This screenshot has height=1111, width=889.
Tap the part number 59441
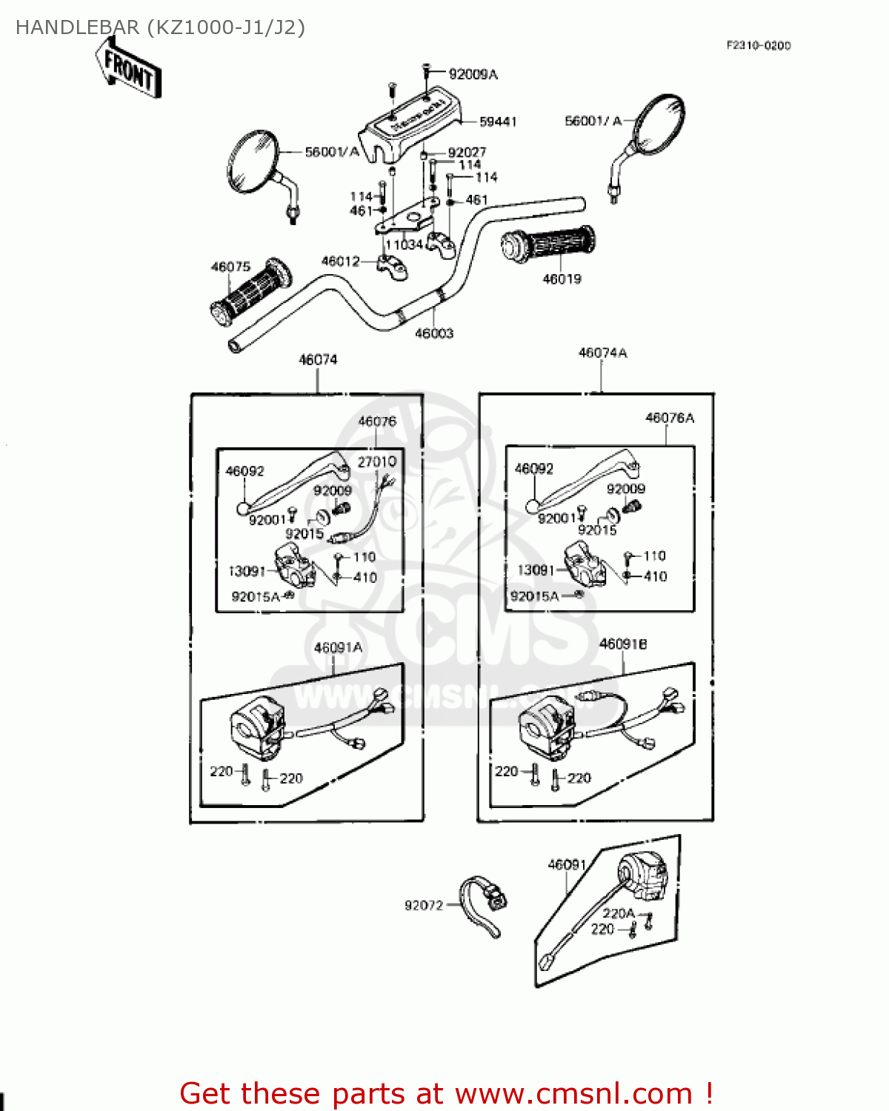498,121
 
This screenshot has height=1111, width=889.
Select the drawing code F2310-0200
758,45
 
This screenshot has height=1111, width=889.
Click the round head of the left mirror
252,161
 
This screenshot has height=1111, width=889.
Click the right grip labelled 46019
548,244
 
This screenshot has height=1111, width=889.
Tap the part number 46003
434,333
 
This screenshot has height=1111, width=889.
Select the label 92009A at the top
473,74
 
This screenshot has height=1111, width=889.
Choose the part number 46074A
602,353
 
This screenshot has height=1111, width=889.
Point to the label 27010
377,461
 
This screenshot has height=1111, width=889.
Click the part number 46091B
623,644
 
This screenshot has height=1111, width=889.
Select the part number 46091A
338,647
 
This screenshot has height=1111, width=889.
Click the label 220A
619,913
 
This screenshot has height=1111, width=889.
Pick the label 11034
404,244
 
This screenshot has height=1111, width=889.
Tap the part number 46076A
670,418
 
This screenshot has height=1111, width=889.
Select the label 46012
340,261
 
